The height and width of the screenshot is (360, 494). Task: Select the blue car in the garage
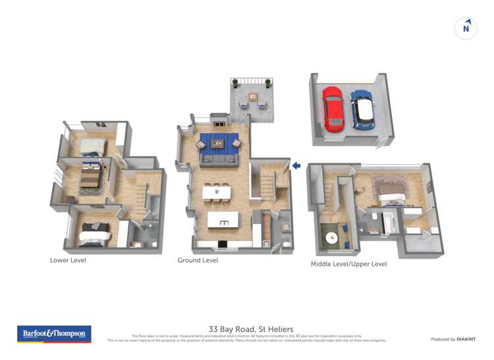(x=362, y=109)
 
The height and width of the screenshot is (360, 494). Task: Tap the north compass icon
(x=466, y=28)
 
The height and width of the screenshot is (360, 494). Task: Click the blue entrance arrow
(x=296, y=166)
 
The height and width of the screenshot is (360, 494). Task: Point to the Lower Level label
(x=68, y=260)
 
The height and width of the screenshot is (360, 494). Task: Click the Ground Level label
(x=198, y=261)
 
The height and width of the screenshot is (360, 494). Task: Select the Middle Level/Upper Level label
(x=348, y=265)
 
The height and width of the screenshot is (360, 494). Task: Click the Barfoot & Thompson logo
(x=54, y=334)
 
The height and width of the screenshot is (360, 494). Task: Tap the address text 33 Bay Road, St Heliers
(x=251, y=329)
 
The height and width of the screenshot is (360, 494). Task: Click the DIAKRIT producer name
(x=466, y=339)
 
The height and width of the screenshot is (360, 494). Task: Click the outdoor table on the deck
(x=252, y=97)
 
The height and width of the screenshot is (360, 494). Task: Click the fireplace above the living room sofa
(x=219, y=121)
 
